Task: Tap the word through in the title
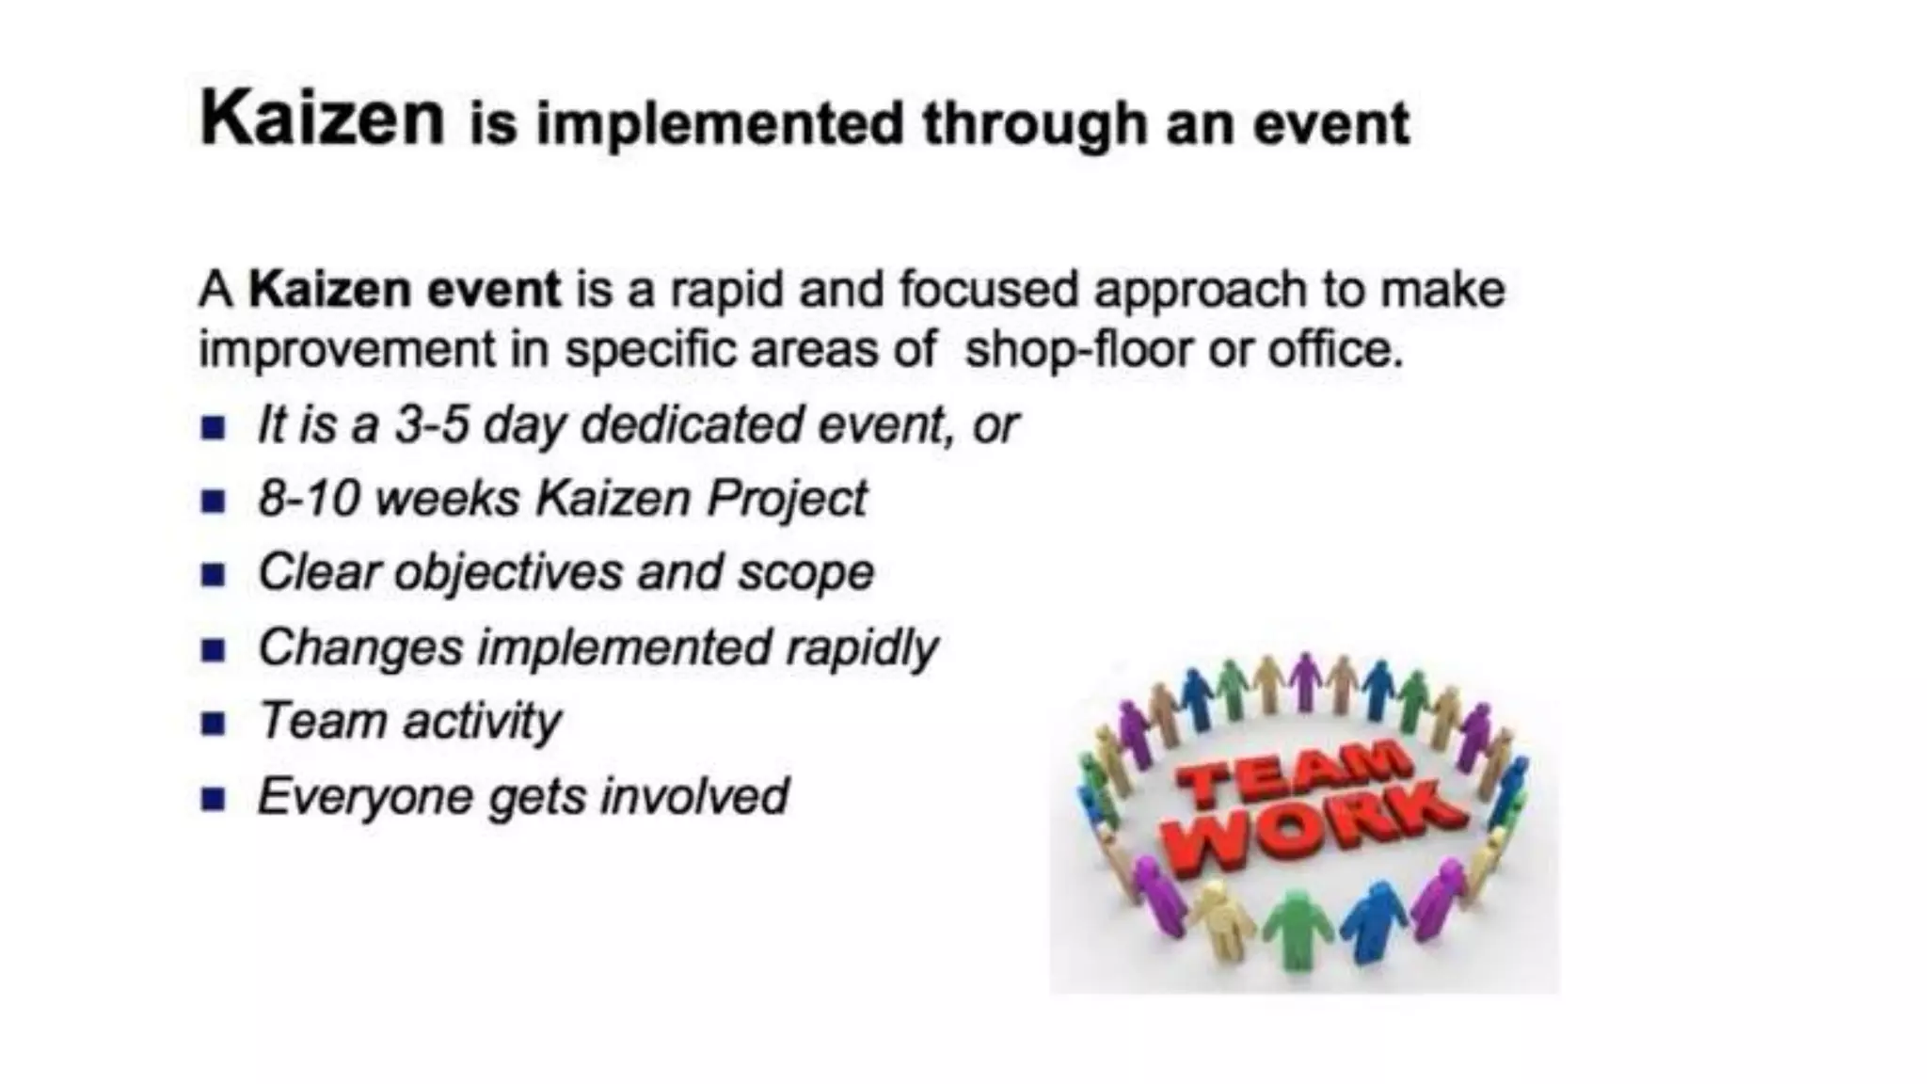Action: [x=1033, y=124]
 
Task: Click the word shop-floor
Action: [x=1079, y=349]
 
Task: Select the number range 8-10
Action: [x=310, y=498]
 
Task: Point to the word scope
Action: [x=805, y=573]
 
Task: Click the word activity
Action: [x=482, y=722]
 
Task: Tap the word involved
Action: [x=694, y=796]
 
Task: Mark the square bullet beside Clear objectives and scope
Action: [x=214, y=574]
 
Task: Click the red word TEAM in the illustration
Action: [x=1294, y=774]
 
